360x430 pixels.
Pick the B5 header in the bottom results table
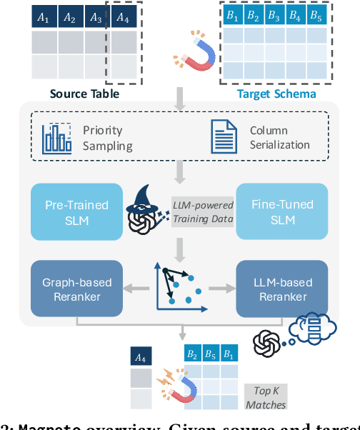(x=209, y=354)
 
